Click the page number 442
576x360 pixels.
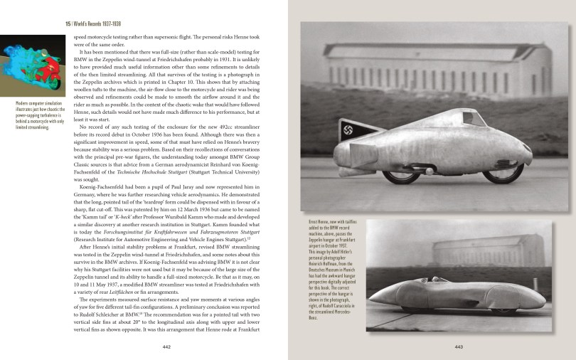coord(166,346)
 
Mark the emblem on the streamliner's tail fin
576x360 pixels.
coord(351,132)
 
